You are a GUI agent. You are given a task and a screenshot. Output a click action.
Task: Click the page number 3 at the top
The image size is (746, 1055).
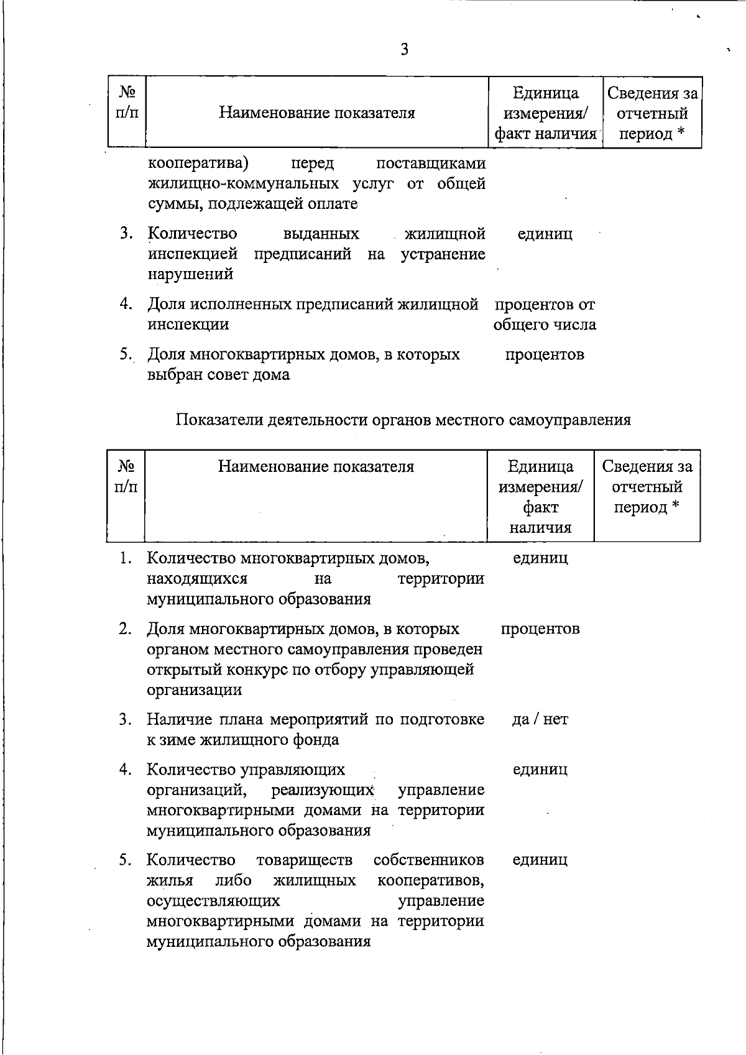coord(405,50)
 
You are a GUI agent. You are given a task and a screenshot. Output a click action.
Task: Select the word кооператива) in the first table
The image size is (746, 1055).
coord(198,164)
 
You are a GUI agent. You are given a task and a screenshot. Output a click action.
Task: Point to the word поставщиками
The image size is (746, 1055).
coord(431,164)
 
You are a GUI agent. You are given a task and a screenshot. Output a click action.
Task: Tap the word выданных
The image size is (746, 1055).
coord(321,234)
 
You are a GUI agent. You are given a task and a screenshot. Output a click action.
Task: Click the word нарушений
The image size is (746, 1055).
coord(190,274)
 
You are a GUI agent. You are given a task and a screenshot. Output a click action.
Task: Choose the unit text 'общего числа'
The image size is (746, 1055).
coord(545,325)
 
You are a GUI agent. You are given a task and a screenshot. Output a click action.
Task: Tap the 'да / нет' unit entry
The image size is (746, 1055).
coord(540,719)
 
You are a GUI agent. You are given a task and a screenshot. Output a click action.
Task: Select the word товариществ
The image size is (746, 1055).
coord(304,860)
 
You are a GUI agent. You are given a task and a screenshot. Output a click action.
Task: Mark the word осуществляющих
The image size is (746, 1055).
coord(213,901)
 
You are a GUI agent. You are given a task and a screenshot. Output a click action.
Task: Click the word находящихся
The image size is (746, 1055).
coord(197,579)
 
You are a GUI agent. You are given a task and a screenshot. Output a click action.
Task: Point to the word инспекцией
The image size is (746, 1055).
coord(193,254)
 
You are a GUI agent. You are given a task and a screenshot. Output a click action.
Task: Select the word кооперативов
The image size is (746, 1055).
coord(431,880)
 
